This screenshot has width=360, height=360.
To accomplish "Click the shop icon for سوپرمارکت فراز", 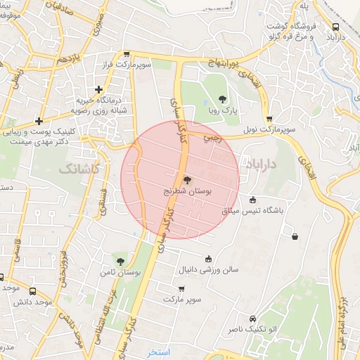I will (126, 53).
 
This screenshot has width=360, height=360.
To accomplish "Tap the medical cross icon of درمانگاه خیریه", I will (99, 89).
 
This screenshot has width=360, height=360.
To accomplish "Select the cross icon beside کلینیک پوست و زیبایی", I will (39, 120).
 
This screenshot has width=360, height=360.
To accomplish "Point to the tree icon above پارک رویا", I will (223, 98).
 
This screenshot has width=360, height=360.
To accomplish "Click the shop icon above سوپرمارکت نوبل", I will (269, 120).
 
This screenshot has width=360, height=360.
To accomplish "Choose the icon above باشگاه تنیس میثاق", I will (253, 200).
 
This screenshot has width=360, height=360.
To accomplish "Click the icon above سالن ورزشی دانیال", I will (207, 259).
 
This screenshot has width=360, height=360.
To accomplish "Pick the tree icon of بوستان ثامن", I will (120, 261).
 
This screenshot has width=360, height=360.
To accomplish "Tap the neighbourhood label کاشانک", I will (79, 169).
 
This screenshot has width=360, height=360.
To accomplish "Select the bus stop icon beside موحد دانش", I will (34, 289).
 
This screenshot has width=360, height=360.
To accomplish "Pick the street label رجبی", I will (212, 138).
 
